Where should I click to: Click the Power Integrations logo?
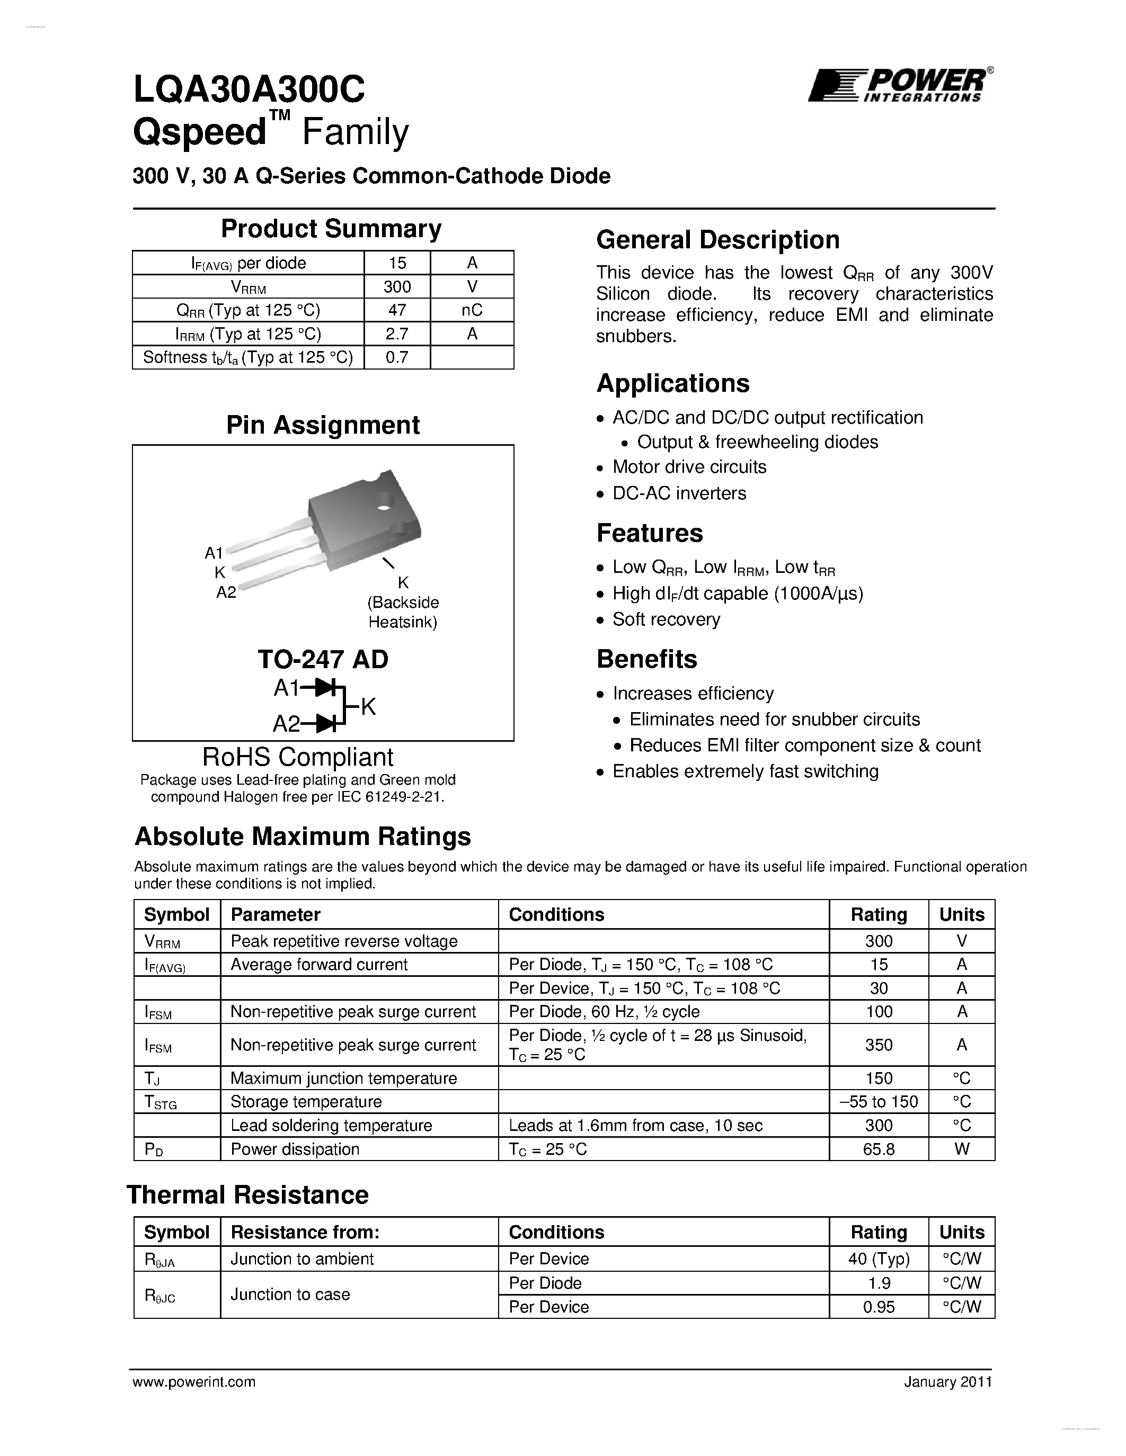click(900, 85)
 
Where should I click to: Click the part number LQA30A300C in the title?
click(249, 89)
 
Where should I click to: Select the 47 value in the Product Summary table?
click(397, 310)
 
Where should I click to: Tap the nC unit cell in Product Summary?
click(472, 310)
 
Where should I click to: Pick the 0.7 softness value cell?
click(397, 357)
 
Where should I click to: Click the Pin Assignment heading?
click(323, 425)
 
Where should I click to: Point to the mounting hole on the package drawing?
click(384, 499)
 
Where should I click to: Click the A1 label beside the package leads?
click(214, 553)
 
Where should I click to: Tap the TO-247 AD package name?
click(323, 659)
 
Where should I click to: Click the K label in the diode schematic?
click(368, 707)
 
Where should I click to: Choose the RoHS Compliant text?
click(297, 757)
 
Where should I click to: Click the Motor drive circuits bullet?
click(689, 466)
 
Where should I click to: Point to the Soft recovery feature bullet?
click(666, 619)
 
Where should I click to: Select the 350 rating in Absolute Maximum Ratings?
click(879, 1045)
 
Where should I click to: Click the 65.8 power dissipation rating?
click(879, 1149)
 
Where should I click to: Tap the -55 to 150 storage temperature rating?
click(879, 1101)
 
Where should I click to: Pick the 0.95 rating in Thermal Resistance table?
click(879, 1307)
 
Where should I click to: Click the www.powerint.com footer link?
click(194, 1382)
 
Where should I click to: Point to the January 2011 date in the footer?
click(948, 1382)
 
